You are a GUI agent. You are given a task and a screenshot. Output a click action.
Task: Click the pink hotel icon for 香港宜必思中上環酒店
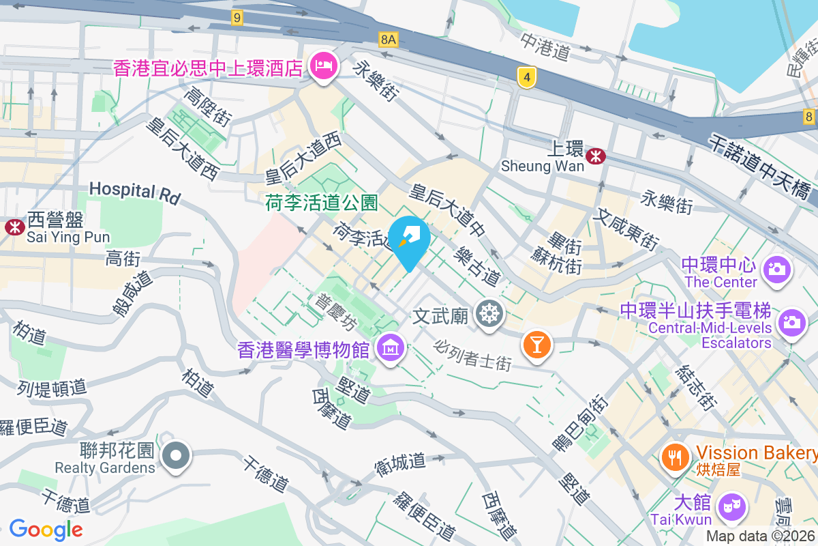pos(323,66)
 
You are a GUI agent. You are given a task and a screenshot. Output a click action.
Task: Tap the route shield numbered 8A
pos(388,40)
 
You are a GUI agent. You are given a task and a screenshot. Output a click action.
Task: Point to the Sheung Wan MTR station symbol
pos(596,156)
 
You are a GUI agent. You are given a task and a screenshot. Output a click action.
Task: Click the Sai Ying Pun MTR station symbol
pos(13,227)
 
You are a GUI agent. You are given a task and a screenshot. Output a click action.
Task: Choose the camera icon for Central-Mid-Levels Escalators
pos(791,321)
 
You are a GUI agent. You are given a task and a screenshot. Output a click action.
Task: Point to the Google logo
pos(46,529)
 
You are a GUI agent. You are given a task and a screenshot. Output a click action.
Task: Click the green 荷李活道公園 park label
pos(321,203)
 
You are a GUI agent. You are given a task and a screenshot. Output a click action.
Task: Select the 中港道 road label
pos(545,45)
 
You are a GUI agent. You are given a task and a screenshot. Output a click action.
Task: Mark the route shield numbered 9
pos(237,18)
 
